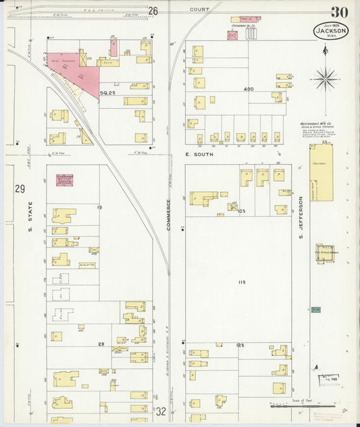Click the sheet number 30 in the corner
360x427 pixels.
(x=340, y=12)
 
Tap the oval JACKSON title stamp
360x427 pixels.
(x=331, y=31)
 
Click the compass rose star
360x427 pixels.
(x=324, y=78)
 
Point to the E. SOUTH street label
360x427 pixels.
(x=199, y=155)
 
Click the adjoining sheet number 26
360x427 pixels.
(x=153, y=11)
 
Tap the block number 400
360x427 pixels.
(x=249, y=89)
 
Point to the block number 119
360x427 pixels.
(x=241, y=281)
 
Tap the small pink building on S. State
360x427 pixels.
(x=65, y=180)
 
